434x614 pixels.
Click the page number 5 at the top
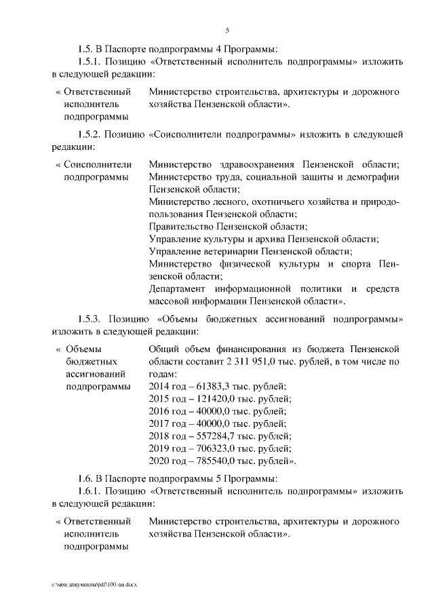pos(227,29)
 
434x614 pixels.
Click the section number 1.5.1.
pos(92,61)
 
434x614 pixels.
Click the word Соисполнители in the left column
pos(98,165)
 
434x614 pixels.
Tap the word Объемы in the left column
pos(85,349)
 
